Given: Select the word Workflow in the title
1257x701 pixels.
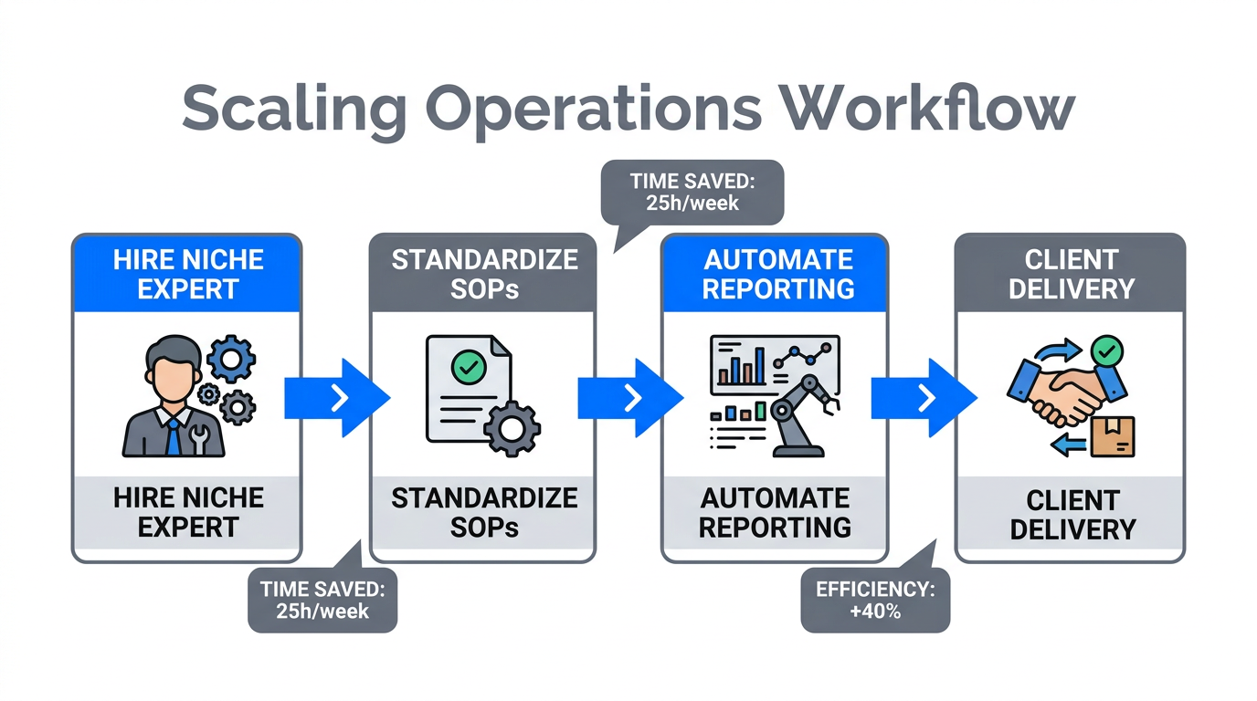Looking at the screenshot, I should (926, 109).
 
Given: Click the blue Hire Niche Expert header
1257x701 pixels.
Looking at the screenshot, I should (187, 274).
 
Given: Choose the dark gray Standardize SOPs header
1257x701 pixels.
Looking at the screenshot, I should (484, 274).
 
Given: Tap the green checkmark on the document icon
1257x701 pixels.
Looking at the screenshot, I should (468, 368).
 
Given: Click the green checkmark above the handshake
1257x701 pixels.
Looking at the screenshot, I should (1107, 350).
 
